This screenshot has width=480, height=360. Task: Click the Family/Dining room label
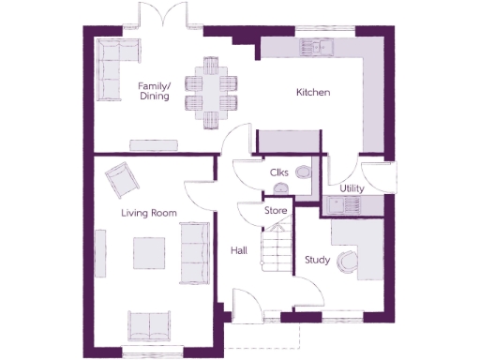click(x=154, y=91)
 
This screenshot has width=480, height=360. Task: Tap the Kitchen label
click(x=313, y=93)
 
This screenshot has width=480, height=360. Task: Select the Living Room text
click(x=149, y=214)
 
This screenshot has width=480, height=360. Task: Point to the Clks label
click(x=278, y=172)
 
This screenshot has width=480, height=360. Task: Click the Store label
click(x=275, y=211)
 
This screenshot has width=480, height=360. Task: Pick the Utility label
click(x=352, y=188)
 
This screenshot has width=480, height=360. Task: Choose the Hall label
click(x=238, y=251)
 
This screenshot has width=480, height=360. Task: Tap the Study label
click(x=317, y=260)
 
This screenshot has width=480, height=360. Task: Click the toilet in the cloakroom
click(x=303, y=172)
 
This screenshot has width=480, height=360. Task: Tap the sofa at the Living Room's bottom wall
click(x=149, y=324)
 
